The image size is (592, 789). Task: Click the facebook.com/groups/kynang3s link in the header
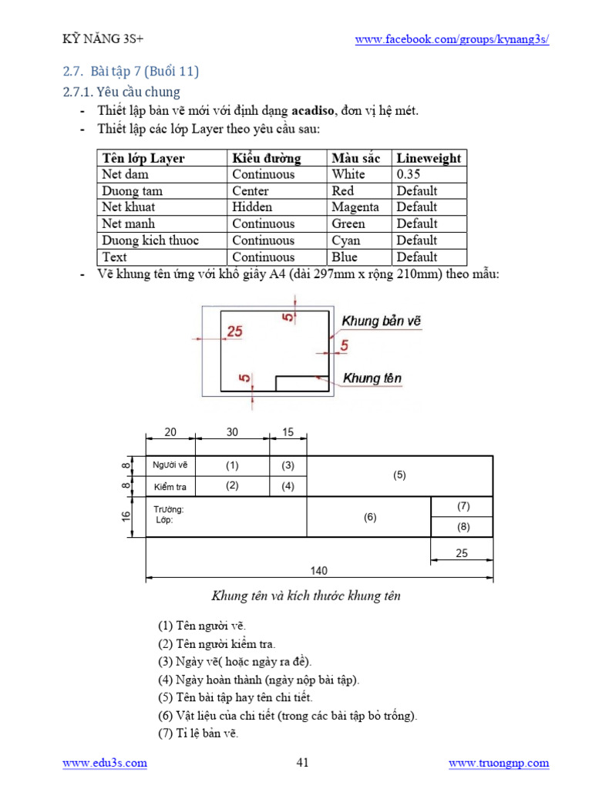[x=452, y=40]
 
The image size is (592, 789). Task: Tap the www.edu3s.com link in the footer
[x=104, y=763]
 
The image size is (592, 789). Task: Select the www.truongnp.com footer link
[x=499, y=763]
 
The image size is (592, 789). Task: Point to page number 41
[x=302, y=763]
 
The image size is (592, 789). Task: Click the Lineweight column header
[x=429, y=158]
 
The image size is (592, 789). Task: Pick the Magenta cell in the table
[x=355, y=207]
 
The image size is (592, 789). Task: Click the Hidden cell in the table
[x=252, y=207]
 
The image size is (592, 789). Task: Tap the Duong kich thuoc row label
[x=150, y=240]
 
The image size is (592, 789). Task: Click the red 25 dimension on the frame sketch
[x=234, y=331]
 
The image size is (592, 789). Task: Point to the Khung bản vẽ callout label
[x=382, y=321]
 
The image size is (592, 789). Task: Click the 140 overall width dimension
[x=319, y=571]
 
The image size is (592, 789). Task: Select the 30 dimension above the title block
[x=232, y=432]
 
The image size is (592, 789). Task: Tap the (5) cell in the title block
[x=399, y=475]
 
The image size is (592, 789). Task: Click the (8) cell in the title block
[x=463, y=527]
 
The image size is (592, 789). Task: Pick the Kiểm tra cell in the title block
[x=170, y=487]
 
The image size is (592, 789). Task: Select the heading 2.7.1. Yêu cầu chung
[x=121, y=92]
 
